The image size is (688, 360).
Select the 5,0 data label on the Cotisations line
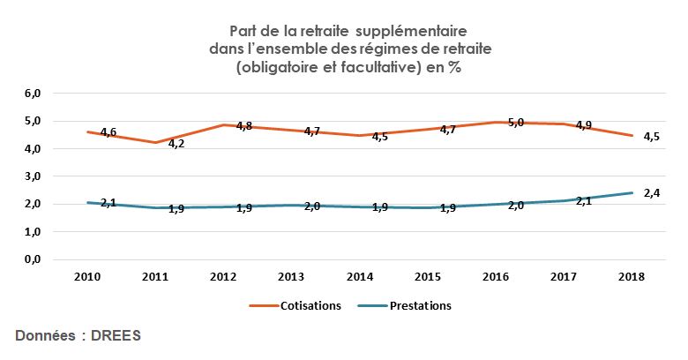click(515, 123)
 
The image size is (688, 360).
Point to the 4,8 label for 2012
click(244, 125)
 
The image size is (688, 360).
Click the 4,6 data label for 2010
click(108, 132)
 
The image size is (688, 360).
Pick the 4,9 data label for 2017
click(584, 125)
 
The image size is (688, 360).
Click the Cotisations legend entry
click(307, 306)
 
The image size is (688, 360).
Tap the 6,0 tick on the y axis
click(34, 93)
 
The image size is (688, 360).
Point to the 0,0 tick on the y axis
click(34, 260)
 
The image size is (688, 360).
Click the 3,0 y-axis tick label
click(34, 176)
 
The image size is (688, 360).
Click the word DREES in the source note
click(116, 336)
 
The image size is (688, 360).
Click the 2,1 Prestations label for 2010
click(108, 203)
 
